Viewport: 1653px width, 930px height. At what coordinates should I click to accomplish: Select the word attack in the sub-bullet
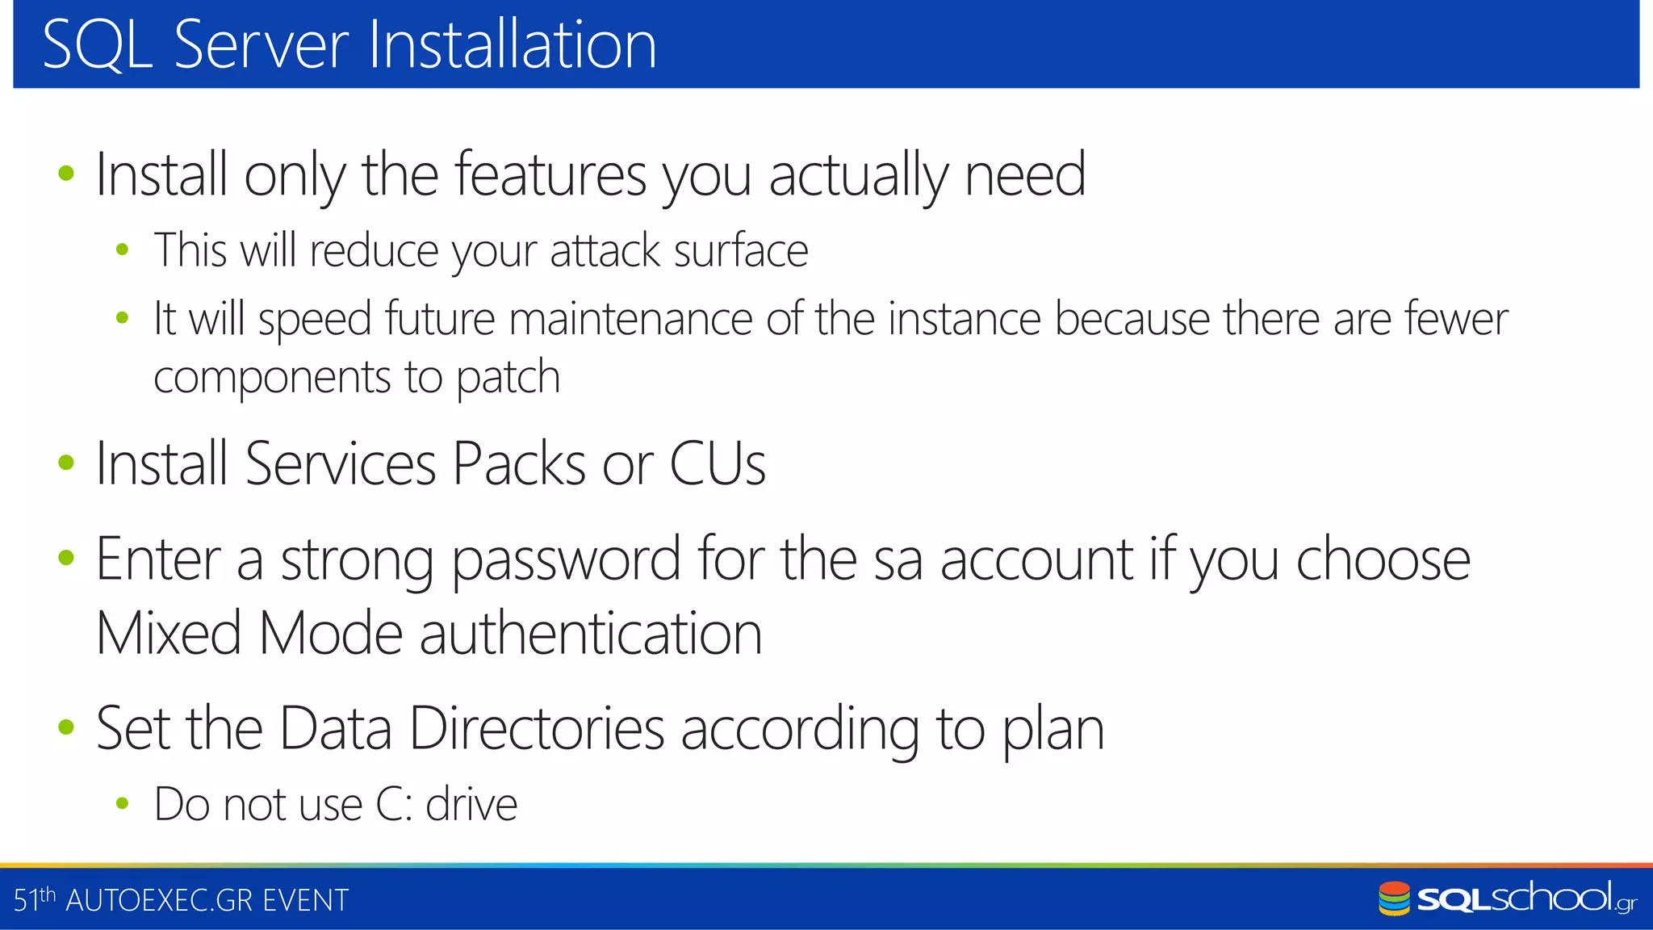[605, 250]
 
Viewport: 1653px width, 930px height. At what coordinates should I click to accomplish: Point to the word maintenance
[630, 319]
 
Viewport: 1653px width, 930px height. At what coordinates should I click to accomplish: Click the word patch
[508, 378]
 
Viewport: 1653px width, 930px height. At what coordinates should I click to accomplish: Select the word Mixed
[169, 633]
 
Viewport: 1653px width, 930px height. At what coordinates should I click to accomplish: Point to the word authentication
[591, 633]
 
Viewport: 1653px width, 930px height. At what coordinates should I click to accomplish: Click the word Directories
[537, 729]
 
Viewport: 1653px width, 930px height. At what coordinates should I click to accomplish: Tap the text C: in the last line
[395, 805]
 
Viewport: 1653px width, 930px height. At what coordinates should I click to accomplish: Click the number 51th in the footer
[35, 899]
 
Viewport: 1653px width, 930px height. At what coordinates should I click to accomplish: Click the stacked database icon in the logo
[1394, 899]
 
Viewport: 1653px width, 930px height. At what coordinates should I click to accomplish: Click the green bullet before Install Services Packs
[66, 463]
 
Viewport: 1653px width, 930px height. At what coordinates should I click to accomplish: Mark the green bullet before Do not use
[123, 803]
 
